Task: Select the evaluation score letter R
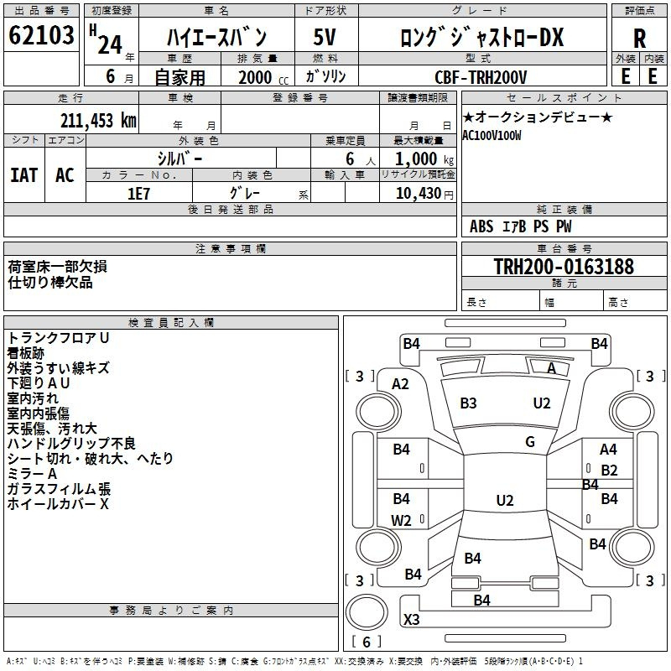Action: (x=639, y=38)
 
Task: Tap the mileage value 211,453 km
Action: (x=97, y=120)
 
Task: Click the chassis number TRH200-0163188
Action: (x=564, y=267)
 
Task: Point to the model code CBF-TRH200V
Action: (x=481, y=77)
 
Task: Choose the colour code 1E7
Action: (x=138, y=193)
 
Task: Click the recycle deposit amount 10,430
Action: (x=416, y=194)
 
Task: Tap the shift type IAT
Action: (x=23, y=174)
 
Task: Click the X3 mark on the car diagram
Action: (x=412, y=620)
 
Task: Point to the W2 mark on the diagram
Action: (x=402, y=520)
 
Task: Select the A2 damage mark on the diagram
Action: (x=400, y=384)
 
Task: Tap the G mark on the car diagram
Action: (x=530, y=442)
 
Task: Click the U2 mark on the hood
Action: (x=542, y=403)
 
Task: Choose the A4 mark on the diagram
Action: (x=608, y=450)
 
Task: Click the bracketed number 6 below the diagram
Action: (x=367, y=642)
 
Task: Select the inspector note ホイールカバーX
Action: (x=58, y=504)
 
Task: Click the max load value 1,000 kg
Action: (x=422, y=159)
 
